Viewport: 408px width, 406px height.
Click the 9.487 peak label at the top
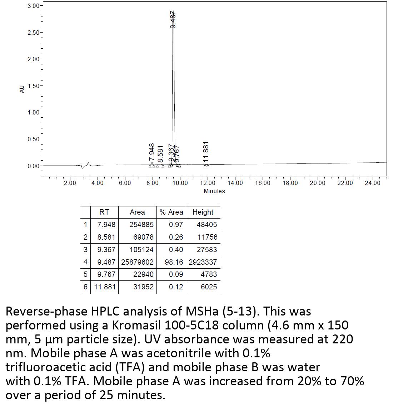(x=173, y=19)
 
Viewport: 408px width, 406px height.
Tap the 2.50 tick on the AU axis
(x=34, y=33)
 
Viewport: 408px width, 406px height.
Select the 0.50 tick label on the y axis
(x=34, y=139)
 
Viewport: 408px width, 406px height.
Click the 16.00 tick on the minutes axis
(x=263, y=183)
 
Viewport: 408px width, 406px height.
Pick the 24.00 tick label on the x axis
(x=373, y=183)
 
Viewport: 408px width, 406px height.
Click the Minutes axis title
(x=214, y=191)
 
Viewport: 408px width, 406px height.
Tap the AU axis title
(x=22, y=89)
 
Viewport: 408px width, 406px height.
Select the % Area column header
(x=171, y=212)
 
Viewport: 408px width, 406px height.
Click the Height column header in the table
(x=203, y=212)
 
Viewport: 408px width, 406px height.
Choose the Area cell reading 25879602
(x=137, y=262)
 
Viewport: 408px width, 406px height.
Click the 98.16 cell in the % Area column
(x=174, y=262)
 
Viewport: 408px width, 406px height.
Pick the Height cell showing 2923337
(x=203, y=262)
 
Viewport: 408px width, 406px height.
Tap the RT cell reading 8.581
(x=106, y=237)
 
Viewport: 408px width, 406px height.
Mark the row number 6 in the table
(x=85, y=287)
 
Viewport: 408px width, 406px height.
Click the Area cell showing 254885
(x=141, y=225)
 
